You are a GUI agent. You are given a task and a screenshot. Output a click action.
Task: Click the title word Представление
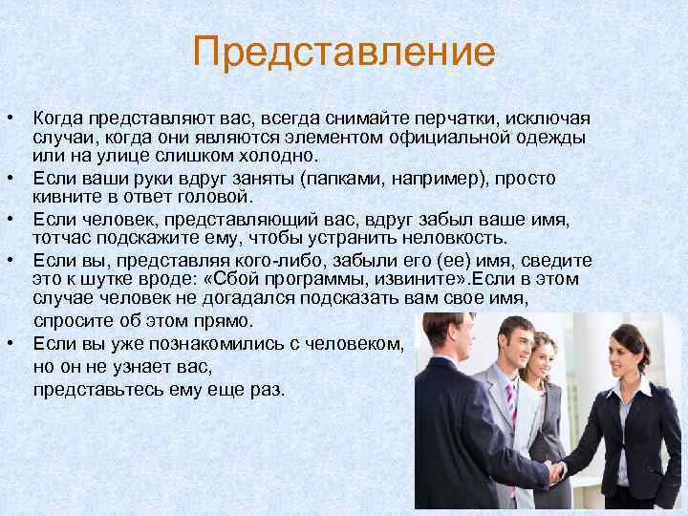pos(343,52)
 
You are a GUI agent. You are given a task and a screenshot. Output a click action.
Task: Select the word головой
pos(212,197)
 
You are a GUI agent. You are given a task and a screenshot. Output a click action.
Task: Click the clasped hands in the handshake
pos(554,470)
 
